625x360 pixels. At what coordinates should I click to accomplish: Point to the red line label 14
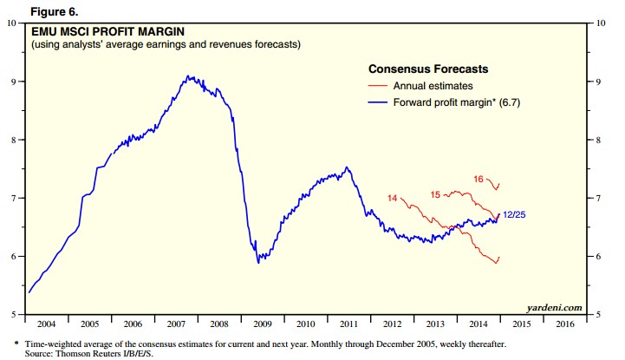tap(392, 199)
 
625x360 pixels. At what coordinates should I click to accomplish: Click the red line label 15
tap(435, 193)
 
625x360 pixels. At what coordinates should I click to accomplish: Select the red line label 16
tap(479, 178)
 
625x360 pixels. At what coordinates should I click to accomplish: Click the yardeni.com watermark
tap(552, 307)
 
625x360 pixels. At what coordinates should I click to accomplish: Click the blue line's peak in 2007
tap(190, 76)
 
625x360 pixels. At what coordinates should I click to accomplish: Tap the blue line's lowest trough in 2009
tap(258, 262)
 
